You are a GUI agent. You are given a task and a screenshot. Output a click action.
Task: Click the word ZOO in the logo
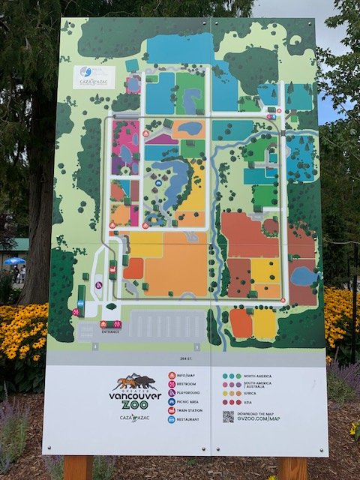[x=135, y=405]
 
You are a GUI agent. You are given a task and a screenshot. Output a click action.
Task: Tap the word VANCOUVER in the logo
[x=134, y=395]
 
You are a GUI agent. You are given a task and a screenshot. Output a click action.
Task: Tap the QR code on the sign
[x=228, y=415]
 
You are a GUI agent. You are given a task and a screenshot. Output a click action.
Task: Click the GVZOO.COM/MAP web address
[x=262, y=419]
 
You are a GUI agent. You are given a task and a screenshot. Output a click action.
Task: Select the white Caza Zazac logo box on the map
[x=97, y=77]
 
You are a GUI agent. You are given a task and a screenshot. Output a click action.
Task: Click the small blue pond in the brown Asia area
[x=303, y=276]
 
